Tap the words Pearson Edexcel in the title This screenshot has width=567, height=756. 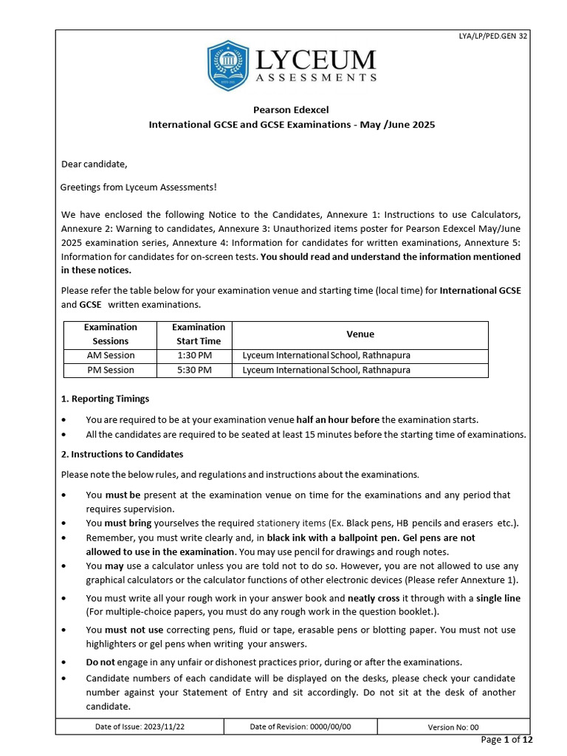click(292, 109)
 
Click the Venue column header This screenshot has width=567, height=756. click(360, 334)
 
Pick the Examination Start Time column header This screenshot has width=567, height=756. click(198, 334)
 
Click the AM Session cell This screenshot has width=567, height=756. click(110, 355)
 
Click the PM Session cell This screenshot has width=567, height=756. click(110, 370)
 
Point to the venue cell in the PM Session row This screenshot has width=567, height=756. click(326, 370)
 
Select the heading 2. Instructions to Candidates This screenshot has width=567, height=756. click(122, 454)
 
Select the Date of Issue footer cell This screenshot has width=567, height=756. click(140, 726)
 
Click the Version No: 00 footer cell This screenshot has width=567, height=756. click(453, 726)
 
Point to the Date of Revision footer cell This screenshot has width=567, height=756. click(300, 726)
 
